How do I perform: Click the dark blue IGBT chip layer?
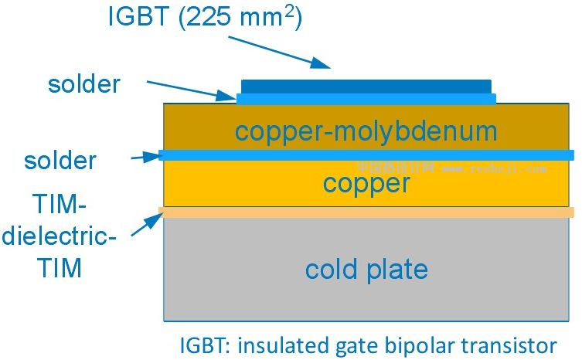click(x=366, y=85)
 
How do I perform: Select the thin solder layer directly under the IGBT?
click(x=366, y=98)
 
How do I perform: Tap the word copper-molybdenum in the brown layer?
click(x=366, y=131)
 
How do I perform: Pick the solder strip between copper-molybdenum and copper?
click(x=366, y=155)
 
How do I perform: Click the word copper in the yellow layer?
click(x=366, y=184)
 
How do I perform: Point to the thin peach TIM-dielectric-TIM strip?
click(x=366, y=212)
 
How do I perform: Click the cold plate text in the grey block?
click(x=366, y=270)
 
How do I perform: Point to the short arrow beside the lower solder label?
click(x=145, y=157)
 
